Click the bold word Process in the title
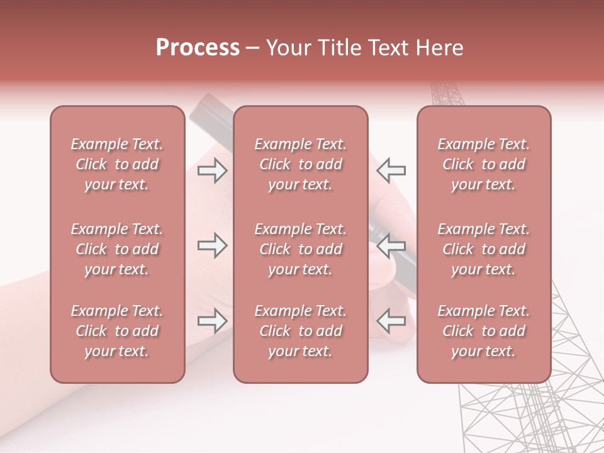click(x=198, y=48)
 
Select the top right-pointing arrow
click(x=212, y=171)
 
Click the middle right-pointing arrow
click(x=212, y=246)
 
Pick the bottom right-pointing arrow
click(x=212, y=322)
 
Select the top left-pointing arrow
click(x=391, y=171)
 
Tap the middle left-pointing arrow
click(x=391, y=246)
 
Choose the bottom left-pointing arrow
click(x=391, y=322)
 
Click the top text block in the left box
click(x=117, y=164)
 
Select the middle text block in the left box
click(x=117, y=249)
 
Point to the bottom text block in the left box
click(x=117, y=331)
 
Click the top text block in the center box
click(x=300, y=164)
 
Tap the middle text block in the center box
click(x=300, y=249)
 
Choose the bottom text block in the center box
click(x=300, y=331)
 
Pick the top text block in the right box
click(x=484, y=164)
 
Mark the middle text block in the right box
click(x=484, y=249)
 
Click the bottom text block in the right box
click(x=484, y=331)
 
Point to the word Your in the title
click(x=288, y=48)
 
